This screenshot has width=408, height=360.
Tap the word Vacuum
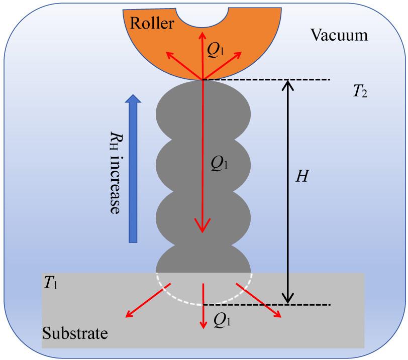(339, 35)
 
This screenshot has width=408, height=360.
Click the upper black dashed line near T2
(266, 79)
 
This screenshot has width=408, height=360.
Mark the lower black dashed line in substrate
(266, 305)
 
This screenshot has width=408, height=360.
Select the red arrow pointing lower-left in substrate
(146, 301)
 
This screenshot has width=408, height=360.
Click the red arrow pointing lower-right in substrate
(259, 301)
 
